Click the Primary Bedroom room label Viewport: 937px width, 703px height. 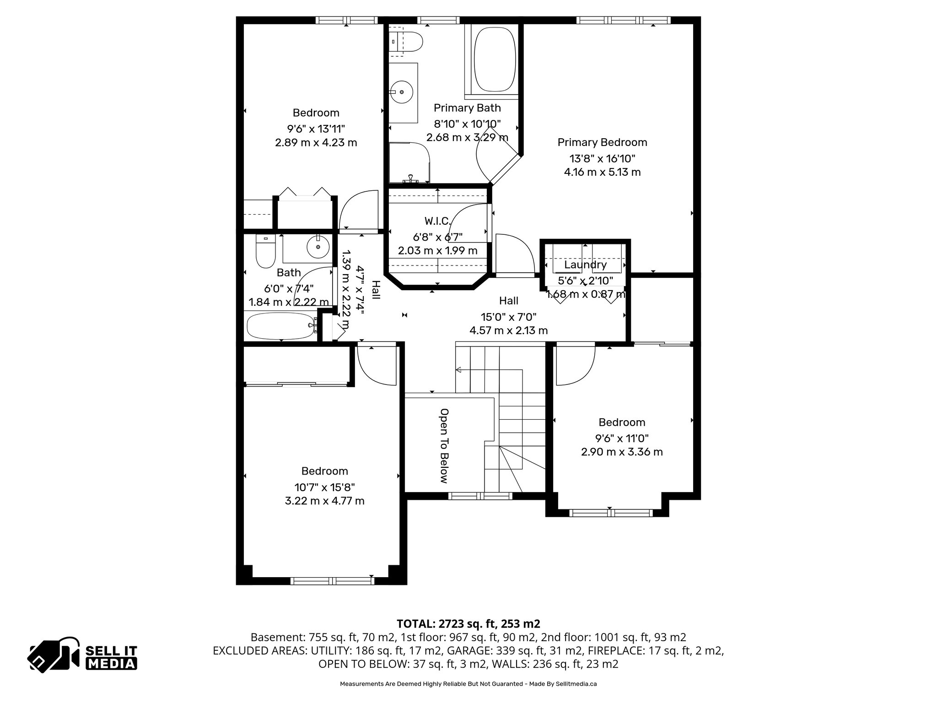pos(602,142)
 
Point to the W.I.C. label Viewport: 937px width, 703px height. pos(437,222)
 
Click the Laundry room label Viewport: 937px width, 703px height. pos(585,265)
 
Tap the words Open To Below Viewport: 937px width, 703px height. pos(443,446)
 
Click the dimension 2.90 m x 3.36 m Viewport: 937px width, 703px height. pos(622,452)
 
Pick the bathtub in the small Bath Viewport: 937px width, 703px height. pos(280,326)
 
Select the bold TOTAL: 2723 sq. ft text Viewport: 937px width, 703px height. pos(468,624)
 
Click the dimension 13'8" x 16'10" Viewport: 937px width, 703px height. pos(602,159)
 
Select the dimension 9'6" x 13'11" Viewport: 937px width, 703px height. pos(316,129)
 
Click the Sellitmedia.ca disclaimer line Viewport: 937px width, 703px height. pos(468,684)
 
